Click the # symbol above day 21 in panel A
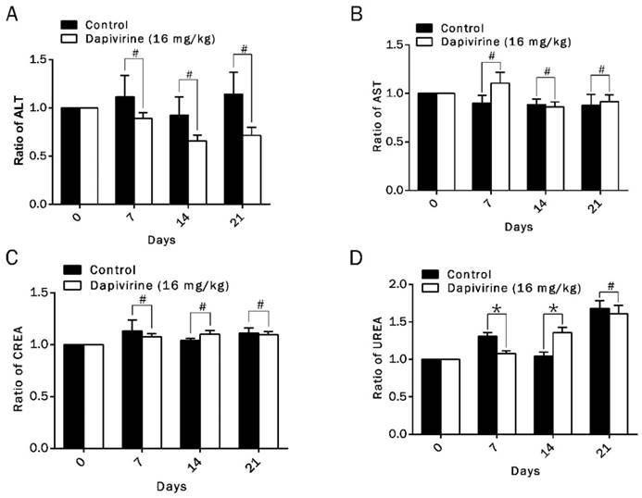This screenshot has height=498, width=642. pos(245,49)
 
